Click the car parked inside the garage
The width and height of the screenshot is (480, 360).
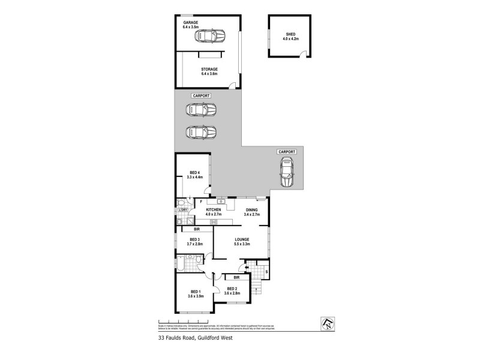coord(209,37)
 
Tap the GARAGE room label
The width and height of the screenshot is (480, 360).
coord(190,23)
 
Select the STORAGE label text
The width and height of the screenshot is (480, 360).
coord(209,69)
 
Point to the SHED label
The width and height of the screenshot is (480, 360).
coord(290,34)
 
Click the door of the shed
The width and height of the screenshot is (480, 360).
coord(302,56)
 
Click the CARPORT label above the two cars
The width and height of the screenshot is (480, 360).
coord(200,96)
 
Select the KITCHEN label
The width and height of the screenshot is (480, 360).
coord(214,209)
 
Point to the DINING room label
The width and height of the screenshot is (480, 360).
coord(251,209)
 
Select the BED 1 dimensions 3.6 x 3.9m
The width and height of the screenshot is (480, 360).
coord(196,296)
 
